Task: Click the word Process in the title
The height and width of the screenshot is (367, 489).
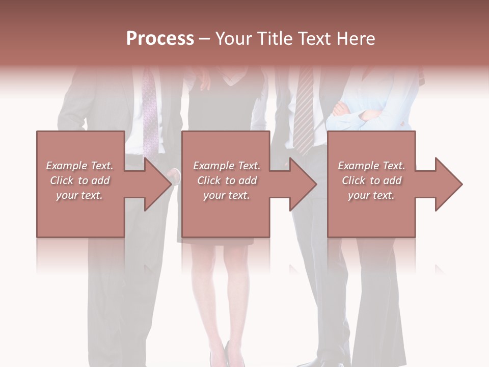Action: pos(160,39)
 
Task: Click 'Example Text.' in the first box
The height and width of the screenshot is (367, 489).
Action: pos(80,166)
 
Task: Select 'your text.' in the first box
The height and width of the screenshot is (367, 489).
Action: pos(80,195)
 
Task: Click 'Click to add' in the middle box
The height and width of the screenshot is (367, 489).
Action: pos(227,180)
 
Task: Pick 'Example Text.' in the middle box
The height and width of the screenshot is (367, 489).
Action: pos(227,166)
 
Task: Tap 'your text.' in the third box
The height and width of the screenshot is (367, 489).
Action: pos(371,195)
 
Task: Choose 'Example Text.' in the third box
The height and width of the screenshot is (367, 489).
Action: pos(371,166)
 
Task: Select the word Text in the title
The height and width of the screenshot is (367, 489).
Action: pos(315,39)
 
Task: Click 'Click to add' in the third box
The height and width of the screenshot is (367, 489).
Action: pos(371,180)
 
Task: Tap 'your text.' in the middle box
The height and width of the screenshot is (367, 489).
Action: pos(227,195)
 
